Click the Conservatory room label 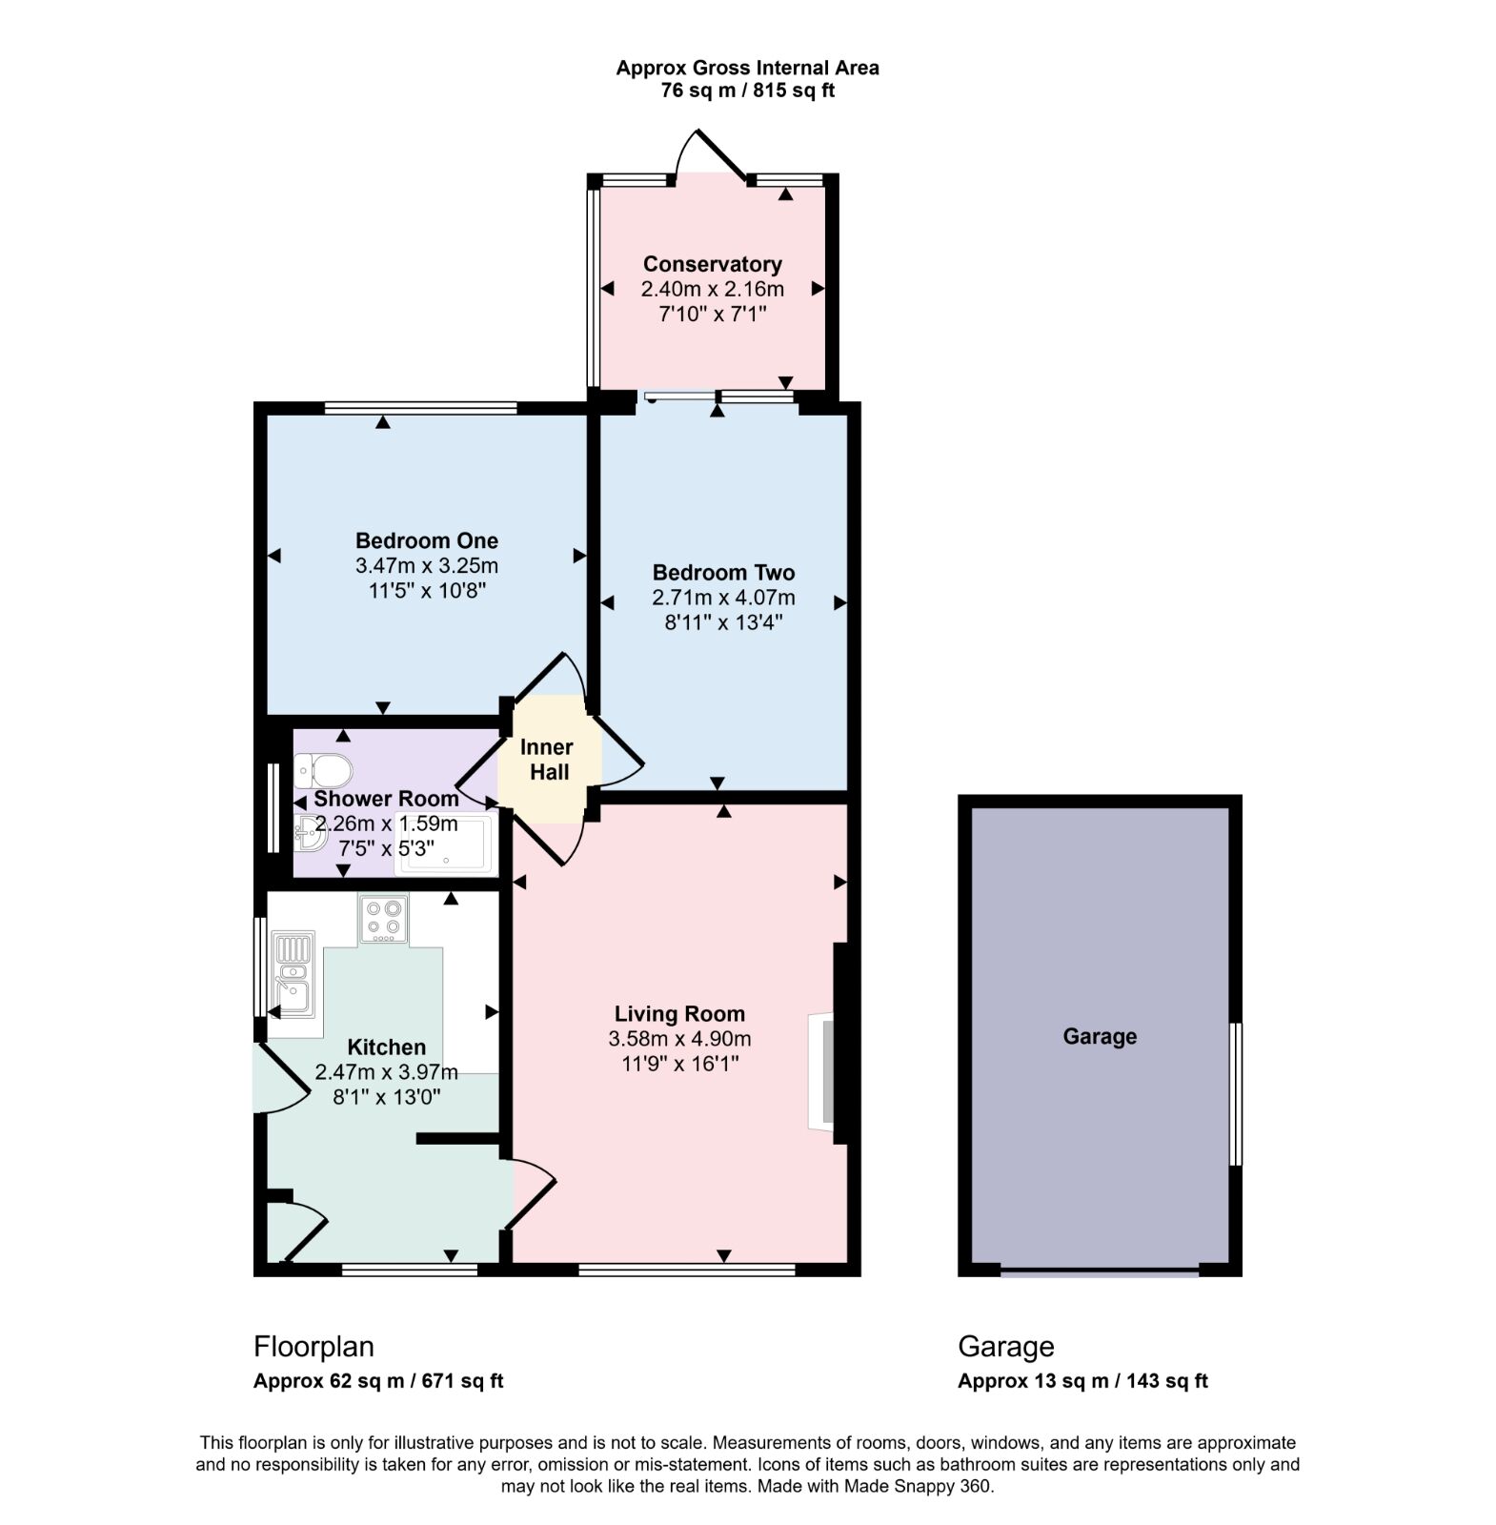712,264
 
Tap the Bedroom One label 426,540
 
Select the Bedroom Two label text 723,573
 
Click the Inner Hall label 549,760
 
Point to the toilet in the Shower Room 322,767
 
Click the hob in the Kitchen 383,919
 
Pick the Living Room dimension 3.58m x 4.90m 679,1039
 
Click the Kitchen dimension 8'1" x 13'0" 386,1097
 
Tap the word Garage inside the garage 1100,1036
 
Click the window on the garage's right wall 1235,1094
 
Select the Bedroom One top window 420,408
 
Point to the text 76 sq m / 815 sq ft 747,91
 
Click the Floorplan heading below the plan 313,1346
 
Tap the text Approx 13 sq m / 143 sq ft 1082,1380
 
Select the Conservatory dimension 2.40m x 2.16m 712,289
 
